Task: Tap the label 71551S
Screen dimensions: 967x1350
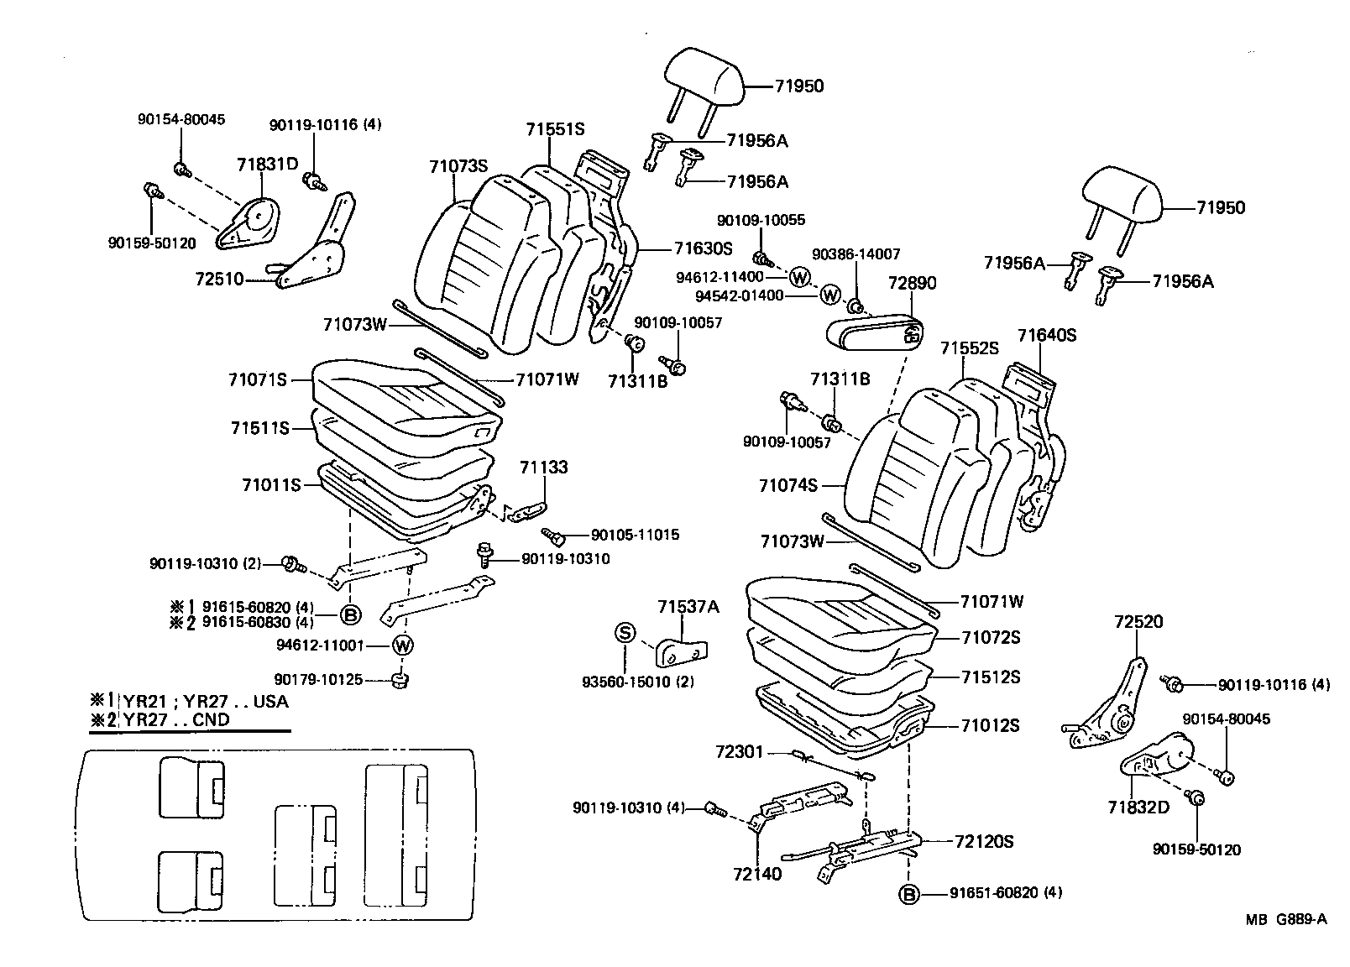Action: pos(555,129)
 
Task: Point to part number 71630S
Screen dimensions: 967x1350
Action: pos(703,248)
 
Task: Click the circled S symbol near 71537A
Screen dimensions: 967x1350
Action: pos(625,632)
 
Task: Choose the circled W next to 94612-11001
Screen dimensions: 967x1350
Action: pos(403,645)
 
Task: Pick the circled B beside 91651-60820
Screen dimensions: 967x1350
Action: pos(908,893)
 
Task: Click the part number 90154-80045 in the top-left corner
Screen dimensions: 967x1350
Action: pos(181,120)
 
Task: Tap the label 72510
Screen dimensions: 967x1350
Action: pos(219,278)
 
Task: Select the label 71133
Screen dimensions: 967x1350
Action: pos(543,467)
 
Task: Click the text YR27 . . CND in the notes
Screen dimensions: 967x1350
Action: pos(175,719)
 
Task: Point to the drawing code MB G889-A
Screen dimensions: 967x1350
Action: pos(1285,919)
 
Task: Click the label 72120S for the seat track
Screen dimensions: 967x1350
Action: pos(983,841)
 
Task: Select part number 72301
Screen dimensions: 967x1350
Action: pos(739,751)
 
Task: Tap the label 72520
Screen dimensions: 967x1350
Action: pos(1138,622)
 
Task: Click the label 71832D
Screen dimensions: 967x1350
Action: pos(1138,807)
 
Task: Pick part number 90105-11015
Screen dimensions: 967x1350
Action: pos(635,535)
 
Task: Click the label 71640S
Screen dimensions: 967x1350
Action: pos(1046,335)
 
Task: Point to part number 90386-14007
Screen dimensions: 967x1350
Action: pos(856,254)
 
